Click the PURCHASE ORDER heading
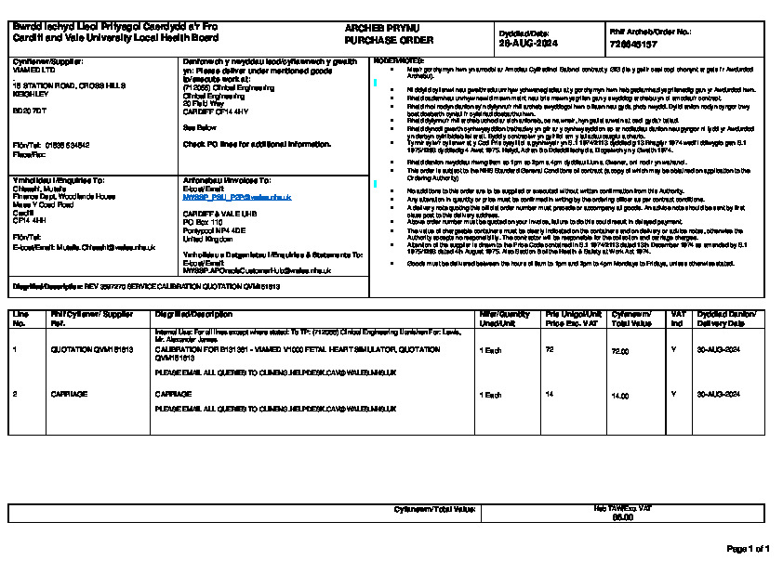coord(377,41)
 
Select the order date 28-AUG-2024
coord(527,44)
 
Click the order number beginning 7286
coord(633,44)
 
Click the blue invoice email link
coord(237,197)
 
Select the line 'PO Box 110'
coord(204,223)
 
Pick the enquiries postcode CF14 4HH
coord(29,220)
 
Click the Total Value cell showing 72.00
coord(619,351)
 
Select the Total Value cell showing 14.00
coord(619,395)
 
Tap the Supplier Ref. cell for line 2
coord(69,395)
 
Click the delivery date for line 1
coord(718,351)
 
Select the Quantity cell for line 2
coord(489,395)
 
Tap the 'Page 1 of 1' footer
coord(747,549)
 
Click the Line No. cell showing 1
coord(14,351)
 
